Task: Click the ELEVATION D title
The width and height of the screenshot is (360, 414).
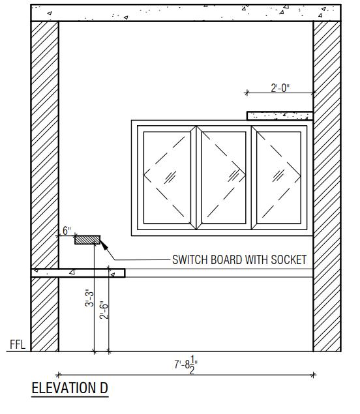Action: click(70, 388)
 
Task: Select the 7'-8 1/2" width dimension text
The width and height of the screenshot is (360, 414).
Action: click(186, 365)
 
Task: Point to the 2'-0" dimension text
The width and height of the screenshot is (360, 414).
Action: click(280, 88)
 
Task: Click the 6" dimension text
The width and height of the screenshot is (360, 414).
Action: click(67, 231)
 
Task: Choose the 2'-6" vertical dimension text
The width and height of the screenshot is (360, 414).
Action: click(104, 310)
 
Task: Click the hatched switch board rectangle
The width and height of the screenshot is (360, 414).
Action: click(87, 240)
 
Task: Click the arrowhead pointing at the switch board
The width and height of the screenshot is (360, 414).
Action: click(104, 245)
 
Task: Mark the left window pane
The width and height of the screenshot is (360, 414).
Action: click(167, 177)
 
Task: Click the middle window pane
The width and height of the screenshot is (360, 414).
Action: click(224, 177)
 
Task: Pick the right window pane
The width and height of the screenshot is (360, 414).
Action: click(278, 177)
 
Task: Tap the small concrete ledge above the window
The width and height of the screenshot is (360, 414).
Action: click(280, 115)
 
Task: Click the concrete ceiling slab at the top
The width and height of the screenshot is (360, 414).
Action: click(186, 12)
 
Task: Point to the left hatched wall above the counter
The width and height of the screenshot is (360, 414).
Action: click(44, 145)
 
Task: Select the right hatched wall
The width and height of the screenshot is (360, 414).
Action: click(327, 186)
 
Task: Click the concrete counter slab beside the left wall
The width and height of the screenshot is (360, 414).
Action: click(78, 273)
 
